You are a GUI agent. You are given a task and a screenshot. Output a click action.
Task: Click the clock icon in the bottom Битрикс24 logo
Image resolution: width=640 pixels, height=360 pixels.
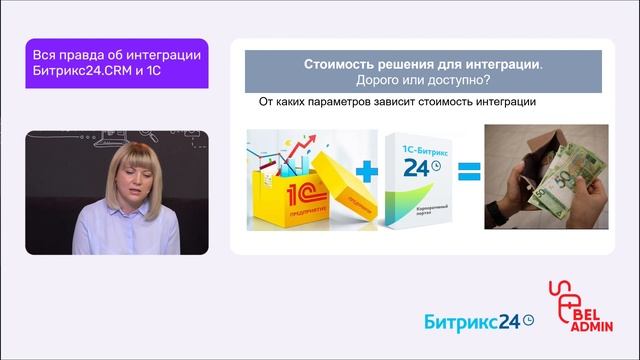coord(529,320)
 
